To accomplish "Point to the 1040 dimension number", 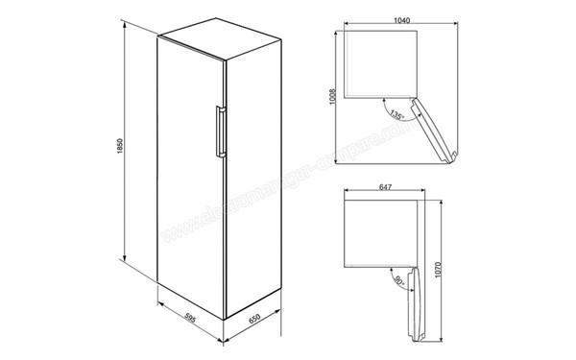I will pos(383,22).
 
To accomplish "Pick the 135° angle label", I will pos(397,115).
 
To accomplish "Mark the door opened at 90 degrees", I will pos(415,298).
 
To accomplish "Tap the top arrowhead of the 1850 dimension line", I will pos(126,23).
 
